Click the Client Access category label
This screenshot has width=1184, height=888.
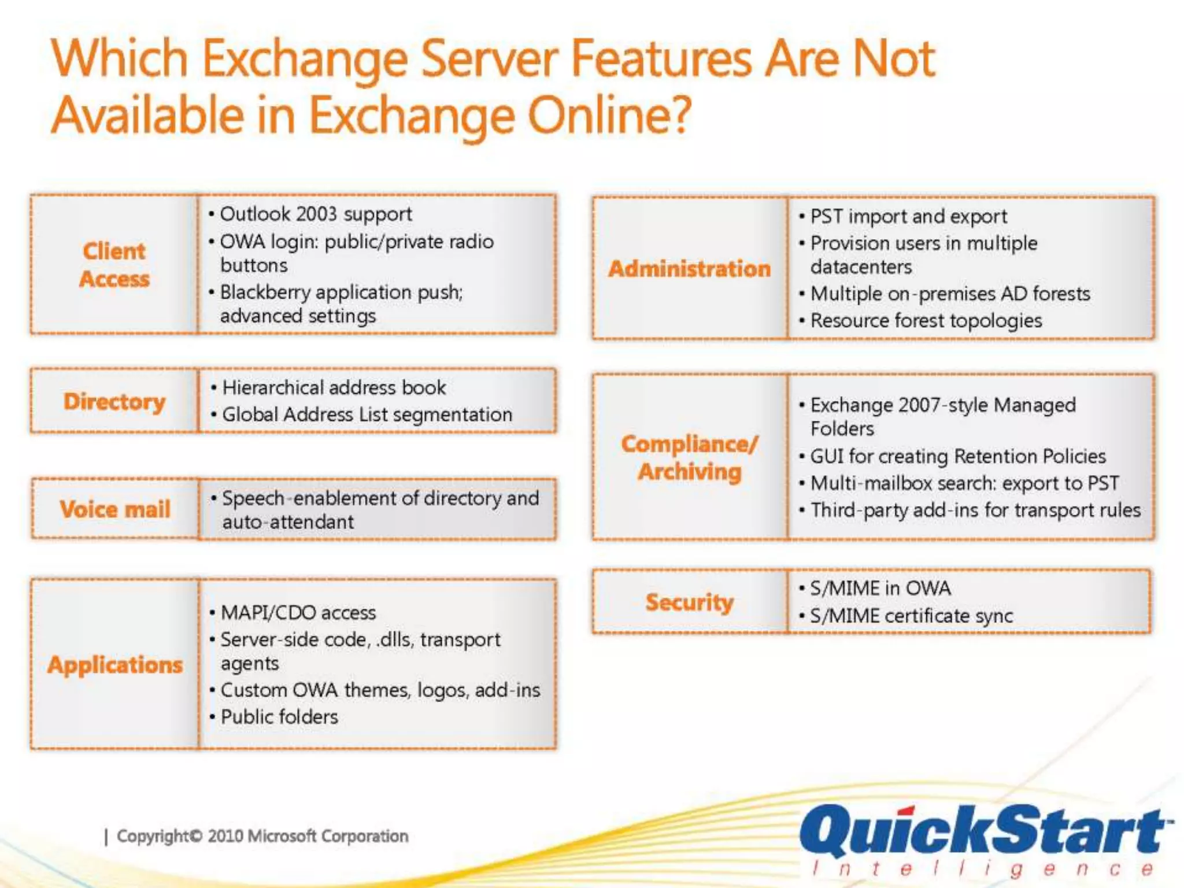[114, 265]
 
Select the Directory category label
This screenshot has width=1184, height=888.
[114, 401]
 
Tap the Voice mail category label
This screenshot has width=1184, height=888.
[115, 509]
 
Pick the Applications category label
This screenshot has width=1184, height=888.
[115, 665]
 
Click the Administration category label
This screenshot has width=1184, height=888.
[689, 269]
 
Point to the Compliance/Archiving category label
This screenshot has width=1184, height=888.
[689, 457]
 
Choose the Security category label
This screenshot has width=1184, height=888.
[689, 602]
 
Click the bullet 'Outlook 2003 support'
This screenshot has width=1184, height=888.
[316, 214]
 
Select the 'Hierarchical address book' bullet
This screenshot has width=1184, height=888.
[334, 387]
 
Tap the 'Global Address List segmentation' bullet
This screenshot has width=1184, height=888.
[367, 415]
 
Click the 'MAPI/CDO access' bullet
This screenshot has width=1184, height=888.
[298, 613]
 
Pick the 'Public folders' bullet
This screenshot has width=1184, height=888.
[279, 717]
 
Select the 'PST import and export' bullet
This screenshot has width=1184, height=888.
[908, 217]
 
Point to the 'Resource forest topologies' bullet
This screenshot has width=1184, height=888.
[926, 321]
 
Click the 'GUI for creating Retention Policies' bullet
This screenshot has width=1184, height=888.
[958, 457]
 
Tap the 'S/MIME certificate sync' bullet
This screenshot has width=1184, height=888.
[911, 616]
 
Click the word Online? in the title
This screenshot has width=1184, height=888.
[610, 116]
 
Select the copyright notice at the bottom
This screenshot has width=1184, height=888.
[262, 836]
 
